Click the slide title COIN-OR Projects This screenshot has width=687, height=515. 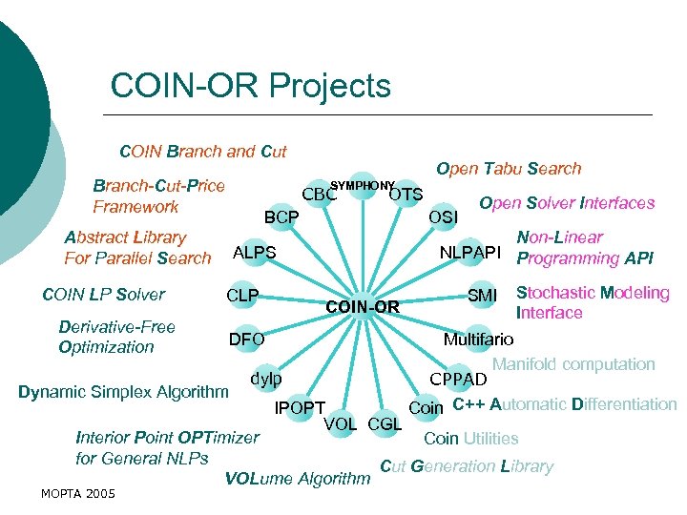250,86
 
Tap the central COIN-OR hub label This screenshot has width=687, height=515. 362,307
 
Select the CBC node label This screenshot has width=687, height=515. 319,196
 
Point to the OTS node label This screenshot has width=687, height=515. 406,195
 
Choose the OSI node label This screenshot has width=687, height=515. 444,217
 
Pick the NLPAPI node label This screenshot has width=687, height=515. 470,253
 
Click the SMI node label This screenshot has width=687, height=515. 483,296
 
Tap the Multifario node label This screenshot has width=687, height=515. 479,339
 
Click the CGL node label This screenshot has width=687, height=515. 385,423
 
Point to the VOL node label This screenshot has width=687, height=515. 342,423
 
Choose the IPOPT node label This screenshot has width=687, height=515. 301,409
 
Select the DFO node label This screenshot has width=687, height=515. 246,339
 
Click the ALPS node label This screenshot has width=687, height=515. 255,253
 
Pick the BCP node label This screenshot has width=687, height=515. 281,218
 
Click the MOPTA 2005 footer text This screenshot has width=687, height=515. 79,493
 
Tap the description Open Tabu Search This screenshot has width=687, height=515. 509,169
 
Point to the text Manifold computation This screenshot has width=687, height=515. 573,364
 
